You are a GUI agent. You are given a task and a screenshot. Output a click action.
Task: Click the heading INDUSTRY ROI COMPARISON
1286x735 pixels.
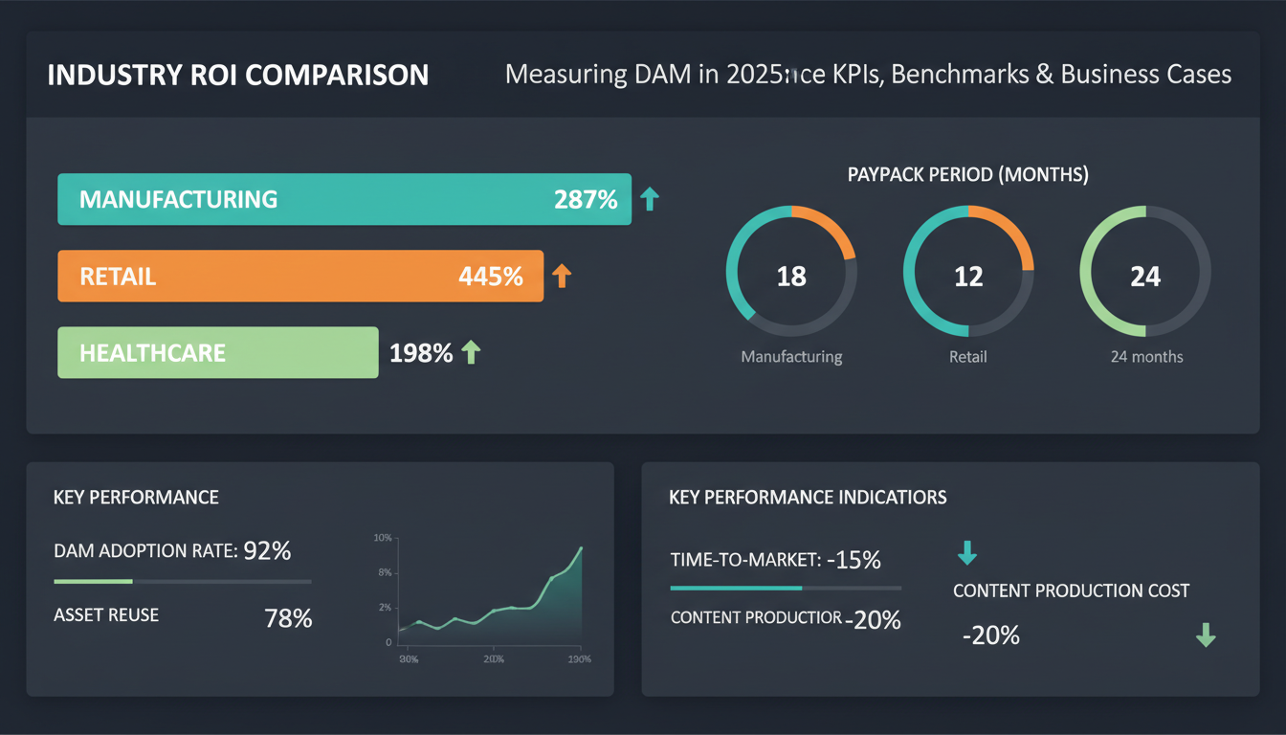coord(238,75)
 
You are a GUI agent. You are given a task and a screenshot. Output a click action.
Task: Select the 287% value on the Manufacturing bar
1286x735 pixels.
coord(586,199)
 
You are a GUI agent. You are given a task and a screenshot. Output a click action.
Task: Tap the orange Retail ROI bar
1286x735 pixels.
coord(300,277)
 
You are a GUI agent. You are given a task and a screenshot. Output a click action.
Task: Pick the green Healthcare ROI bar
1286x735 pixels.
coord(218,353)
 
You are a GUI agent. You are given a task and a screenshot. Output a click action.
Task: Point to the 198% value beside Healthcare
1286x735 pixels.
coord(421,353)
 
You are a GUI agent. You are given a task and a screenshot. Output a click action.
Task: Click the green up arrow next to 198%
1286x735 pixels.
coord(470,353)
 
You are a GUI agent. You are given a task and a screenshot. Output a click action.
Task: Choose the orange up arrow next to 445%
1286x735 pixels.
coord(562,277)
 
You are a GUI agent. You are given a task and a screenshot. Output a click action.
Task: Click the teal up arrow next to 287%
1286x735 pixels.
coord(650,199)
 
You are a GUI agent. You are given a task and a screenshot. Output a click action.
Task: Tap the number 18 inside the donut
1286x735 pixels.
coord(791,277)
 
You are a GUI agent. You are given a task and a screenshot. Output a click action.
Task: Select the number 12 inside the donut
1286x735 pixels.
coord(968,277)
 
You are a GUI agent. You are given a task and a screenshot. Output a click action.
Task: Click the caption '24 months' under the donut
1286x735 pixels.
coord(1146,357)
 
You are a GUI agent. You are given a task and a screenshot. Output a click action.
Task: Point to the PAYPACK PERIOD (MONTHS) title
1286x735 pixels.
coord(967,175)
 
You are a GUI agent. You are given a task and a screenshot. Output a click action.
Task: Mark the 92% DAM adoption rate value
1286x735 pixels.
coord(267,550)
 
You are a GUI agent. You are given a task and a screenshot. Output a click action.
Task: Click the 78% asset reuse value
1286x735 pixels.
coord(288,618)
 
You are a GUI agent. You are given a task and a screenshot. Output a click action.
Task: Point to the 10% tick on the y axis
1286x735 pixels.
coord(382,538)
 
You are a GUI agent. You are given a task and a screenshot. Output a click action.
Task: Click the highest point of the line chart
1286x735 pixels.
coord(581,547)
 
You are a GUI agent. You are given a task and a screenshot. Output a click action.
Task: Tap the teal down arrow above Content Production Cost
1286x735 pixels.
coord(967,552)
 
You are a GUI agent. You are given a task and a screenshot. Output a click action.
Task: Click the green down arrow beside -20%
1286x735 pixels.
coord(1206,635)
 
